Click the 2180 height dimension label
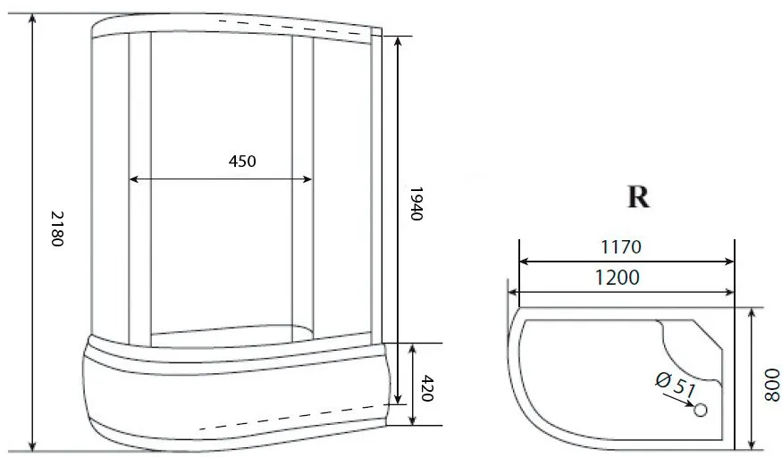[57, 228]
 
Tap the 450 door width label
[242, 162]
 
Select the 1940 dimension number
[416, 204]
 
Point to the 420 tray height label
[427, 388]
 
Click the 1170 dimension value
[621, 247]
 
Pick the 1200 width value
[617, 278]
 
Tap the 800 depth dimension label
[771, 385]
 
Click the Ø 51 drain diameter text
[675, 384]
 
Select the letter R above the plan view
[638, 197]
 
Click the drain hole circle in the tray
[701, 410]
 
